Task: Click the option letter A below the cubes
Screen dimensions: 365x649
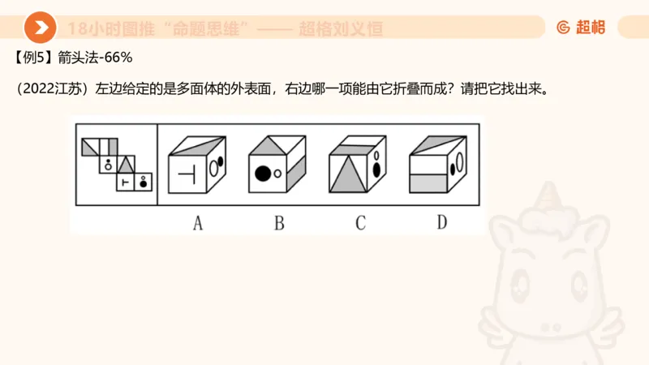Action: click(x=197, y=221)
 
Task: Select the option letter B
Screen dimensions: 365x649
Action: click(x=278, y=221)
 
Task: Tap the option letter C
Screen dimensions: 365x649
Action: click(x=360, y=221)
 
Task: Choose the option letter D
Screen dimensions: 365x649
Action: click(x=441, y=221)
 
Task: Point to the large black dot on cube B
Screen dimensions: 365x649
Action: click(x=262, y=172)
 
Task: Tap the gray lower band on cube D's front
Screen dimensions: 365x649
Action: click(x=429, y=183)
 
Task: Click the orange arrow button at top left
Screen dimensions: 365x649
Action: click(x=40, y=28)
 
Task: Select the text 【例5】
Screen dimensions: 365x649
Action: click(x=33, y=58)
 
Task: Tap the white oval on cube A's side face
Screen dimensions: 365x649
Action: click(x=213, y=169)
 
